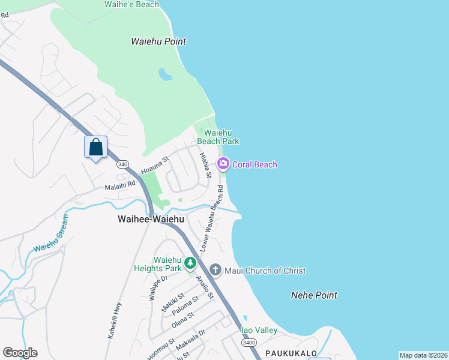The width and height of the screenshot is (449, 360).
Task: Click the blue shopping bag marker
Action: [95, 147]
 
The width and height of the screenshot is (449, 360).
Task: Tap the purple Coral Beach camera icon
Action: [223, 164]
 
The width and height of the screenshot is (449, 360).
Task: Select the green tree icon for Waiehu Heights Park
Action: [190, 263]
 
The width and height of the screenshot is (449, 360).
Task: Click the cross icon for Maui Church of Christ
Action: [215, 271]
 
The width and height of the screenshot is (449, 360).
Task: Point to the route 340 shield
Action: [122, 164]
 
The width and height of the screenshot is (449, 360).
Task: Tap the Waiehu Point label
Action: [158, 41]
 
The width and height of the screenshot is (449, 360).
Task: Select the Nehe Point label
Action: [313, 295]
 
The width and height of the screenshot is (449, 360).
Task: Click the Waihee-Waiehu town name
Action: [151, 220]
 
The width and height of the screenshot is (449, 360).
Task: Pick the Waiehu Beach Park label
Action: [221, 137]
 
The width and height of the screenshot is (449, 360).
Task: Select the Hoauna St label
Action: [155, 166]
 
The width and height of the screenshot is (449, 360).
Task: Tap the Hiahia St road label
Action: [206, 165]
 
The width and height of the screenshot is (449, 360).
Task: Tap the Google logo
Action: [20, 353]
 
